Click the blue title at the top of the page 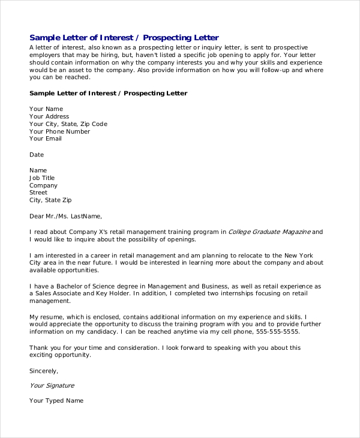click(124, 37)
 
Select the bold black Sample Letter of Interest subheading click(108, 93)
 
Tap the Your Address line click(49, 116)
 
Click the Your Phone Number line click(59, 131)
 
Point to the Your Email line click(46, 139)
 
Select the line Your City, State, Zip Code click(68, 124)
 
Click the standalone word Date click(37, 154)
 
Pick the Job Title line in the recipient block click(42, 178)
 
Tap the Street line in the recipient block click(38, 193)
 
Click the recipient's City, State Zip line click(50, 200)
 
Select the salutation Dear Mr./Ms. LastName click(66, 216)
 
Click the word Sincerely click(44, 370)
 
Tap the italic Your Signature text click(52, 385)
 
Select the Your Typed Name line click(56, 400)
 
